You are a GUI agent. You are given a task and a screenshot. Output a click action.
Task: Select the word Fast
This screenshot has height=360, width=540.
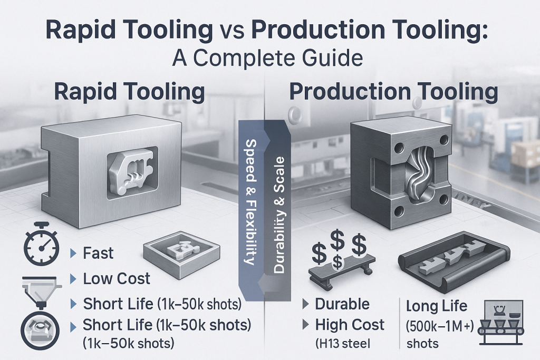(x=98, y=254)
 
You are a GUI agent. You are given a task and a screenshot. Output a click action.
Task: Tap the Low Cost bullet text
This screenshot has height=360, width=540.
(x=117, y=278)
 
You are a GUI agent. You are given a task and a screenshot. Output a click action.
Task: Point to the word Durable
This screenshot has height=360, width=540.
(x=342, y=304)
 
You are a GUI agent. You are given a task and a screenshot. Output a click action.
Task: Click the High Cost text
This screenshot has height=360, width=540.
(x=350, y=325)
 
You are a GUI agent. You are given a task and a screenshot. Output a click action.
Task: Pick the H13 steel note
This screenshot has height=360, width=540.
(x=343, y=344)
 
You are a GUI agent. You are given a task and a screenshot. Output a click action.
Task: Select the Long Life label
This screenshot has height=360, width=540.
(x=437, y=306)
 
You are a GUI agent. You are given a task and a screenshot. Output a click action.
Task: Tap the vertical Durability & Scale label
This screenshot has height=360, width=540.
(x=279, y=215)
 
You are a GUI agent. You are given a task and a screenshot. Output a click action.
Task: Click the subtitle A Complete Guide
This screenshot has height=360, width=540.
(x=267, y=58)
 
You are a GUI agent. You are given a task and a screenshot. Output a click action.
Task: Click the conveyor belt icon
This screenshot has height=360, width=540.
(x=502, y=322)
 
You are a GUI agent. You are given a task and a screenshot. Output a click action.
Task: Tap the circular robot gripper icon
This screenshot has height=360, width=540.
(x=40, y=330)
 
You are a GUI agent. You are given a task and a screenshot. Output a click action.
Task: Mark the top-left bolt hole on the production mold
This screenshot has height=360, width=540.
(x=399, y=149)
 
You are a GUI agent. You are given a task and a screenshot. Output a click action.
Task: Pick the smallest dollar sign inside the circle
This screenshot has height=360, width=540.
(x=338, y=264)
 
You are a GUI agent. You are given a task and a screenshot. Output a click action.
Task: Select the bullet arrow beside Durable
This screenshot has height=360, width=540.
(x=305, y=304)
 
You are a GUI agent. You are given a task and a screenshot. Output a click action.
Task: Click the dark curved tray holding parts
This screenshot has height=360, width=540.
(x=454, y=262)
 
